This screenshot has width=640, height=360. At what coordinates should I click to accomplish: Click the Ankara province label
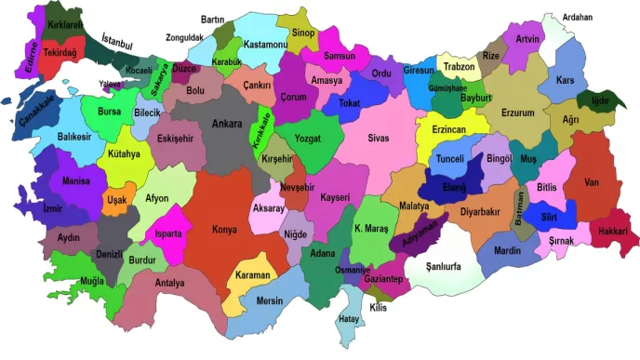[x=227, y=124]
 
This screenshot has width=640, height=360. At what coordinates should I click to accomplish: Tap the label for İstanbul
[x=117, y=42]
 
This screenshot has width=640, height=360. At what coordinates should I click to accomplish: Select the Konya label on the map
[x=224, y=229]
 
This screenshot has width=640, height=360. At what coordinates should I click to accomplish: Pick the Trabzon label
[x=460, y=67]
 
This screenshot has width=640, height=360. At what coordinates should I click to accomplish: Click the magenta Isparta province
[x=168, y=233]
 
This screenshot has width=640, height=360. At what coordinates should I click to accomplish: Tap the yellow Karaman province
[x=252, y=275]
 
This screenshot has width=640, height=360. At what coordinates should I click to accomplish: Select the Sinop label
[x=303, y=33]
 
